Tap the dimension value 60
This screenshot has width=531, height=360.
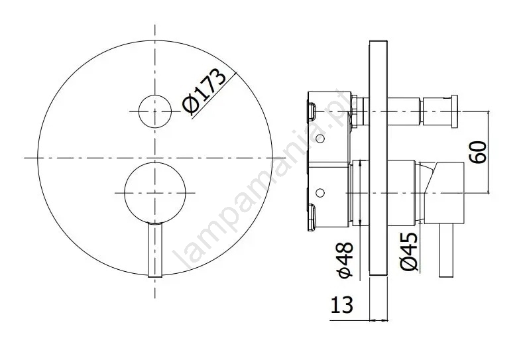pos(478,152)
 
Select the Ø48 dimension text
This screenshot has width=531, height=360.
pos(346,260)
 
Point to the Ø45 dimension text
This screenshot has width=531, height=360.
pos(409,252)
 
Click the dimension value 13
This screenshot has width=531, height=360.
pos(341,304)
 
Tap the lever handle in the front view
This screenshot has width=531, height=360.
pos(155,249)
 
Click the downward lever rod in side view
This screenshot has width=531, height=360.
pos(446,251)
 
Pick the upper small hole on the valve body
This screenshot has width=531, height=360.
pos(320,139)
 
